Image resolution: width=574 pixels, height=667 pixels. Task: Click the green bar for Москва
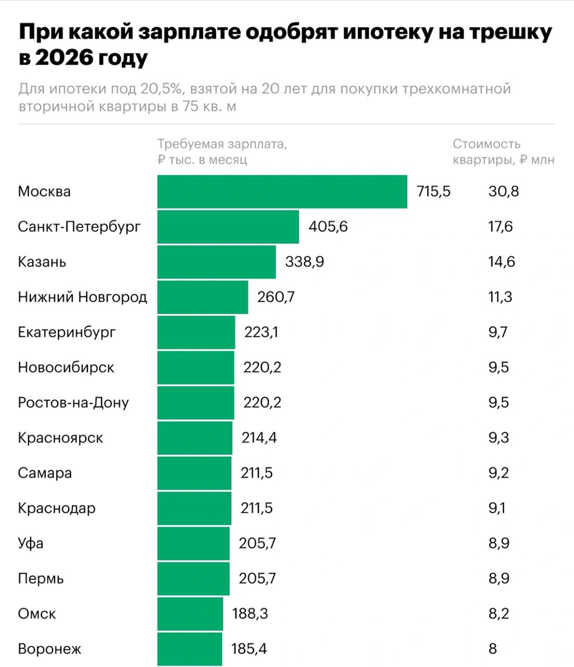pyautogui.click(x=282, y=191)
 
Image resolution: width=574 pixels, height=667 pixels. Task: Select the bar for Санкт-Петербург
pyautogui.click(x=228, y=227)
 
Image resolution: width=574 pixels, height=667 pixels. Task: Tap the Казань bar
pyautogui.click(x=216, y=262)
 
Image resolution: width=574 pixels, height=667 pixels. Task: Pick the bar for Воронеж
pyautogui.click(x=190, y=649)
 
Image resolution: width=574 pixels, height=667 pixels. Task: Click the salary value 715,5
pyautogui.click(x=433, y=191)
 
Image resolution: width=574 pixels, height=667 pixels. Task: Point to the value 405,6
pyautogui.click(x=328, y=227)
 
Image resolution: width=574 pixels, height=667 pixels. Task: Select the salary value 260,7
pyautogui.click(x=276, y=297)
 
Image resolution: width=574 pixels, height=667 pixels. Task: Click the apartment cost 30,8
pyautogui.click(x=504, y=191)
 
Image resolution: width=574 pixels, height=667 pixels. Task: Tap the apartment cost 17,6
pyautogui.click(x=501, y=227)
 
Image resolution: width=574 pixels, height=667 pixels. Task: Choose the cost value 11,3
pyautogui.click(x=500, y=297)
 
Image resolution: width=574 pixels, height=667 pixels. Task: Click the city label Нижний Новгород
pyautogui.click(x=82, y=297)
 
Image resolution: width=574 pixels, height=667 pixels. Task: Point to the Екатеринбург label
pyautogui.click(x=67, y=332)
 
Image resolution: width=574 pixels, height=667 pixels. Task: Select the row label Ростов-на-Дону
pyautogui.click(x=73, y=403)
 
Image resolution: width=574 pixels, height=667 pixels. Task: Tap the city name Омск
pyautogui.click(x=36, y=614)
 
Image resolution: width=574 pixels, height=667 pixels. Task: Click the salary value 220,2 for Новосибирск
pyautogui.click(x=262, y=367)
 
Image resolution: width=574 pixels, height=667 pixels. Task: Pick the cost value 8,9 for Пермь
pyautogui.click(x=499, y=578)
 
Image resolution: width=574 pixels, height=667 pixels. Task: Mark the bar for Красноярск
pyautogui.click(x=195, y=438)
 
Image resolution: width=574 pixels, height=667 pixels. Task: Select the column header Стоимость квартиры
pyautogui.click(x=503, y=151)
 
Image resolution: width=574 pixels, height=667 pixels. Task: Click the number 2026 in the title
pyautogui.click(x=64, y=58)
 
